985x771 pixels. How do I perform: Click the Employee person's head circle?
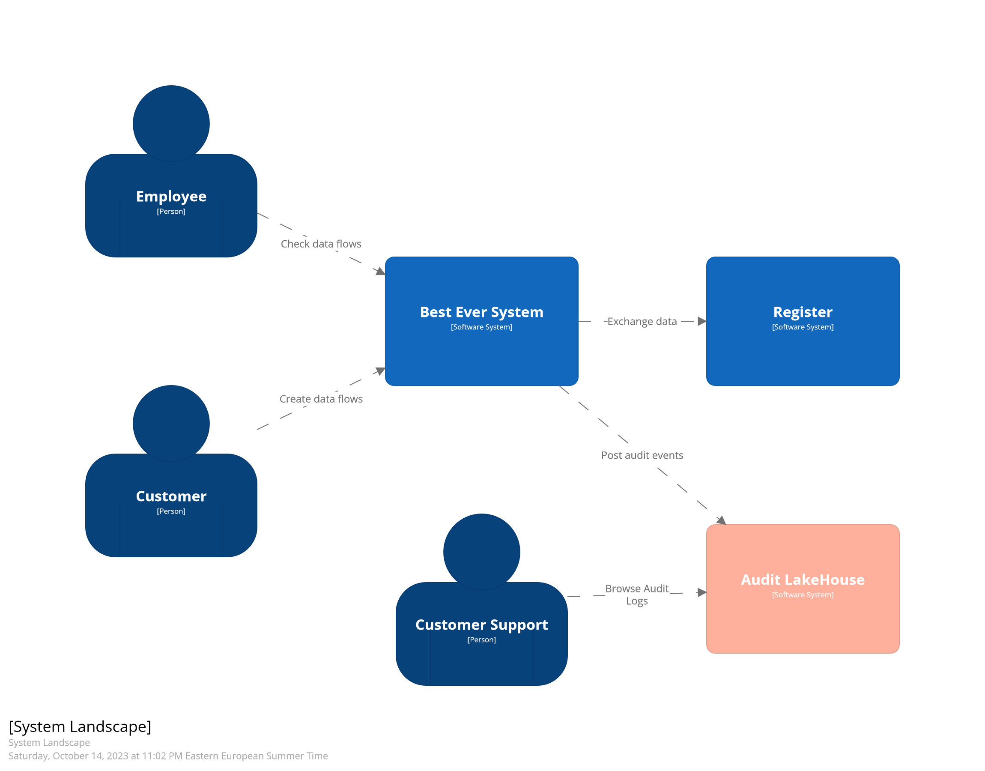tap(171, 123)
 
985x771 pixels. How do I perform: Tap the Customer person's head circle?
tap(171, 423)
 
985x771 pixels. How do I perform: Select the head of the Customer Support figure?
tap(481, 552)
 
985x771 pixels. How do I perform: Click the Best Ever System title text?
tap(481, 312)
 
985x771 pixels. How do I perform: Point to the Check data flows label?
tap(321, 244)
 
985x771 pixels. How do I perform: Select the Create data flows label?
tap(321, 399)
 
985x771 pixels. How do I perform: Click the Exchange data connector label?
tap(642, 321)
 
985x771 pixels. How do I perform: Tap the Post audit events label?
tap(642, 455)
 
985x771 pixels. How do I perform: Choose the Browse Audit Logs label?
tap(637, 595)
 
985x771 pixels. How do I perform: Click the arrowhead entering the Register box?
tap(701, 321)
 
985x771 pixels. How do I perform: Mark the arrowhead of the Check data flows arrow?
tap(381, 271)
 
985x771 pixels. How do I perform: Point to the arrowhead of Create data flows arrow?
tap(381, 371)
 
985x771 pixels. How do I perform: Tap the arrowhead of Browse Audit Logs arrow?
tap(701, 592)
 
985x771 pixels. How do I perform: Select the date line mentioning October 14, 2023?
tap(168, 756)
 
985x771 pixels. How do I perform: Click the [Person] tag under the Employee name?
tap(171, 211)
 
